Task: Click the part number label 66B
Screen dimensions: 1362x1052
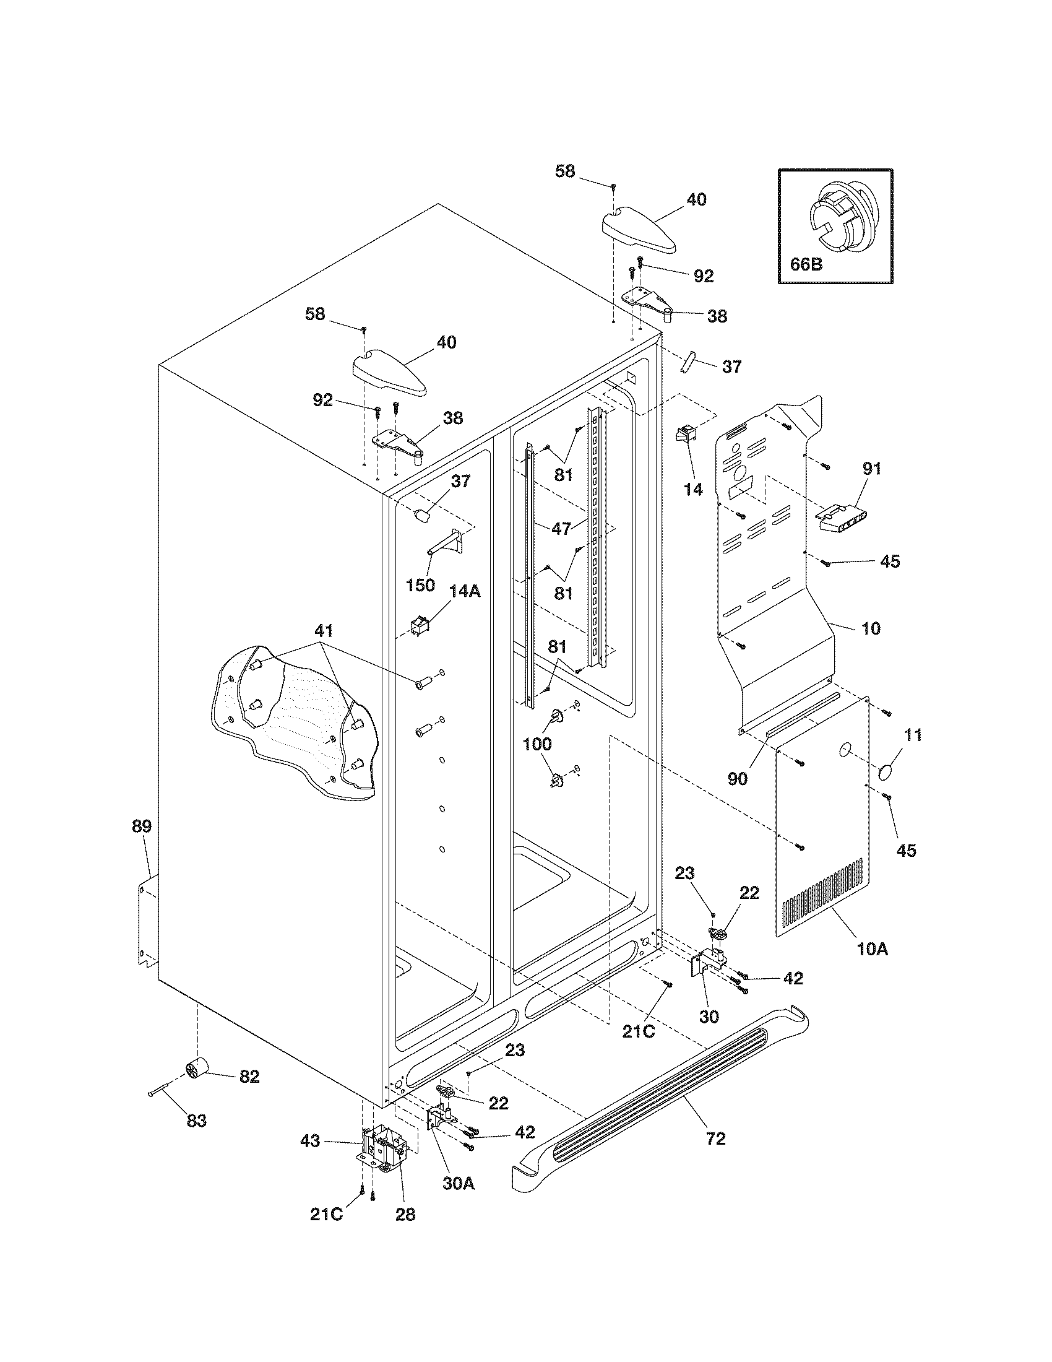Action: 806,264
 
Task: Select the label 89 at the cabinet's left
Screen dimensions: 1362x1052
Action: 142,826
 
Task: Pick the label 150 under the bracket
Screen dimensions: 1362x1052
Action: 420,585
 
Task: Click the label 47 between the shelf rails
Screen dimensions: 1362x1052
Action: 561,529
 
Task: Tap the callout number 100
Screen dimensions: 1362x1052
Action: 537,744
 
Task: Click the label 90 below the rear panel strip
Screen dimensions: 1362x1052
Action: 737,778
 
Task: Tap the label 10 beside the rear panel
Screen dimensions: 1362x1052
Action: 871,628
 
